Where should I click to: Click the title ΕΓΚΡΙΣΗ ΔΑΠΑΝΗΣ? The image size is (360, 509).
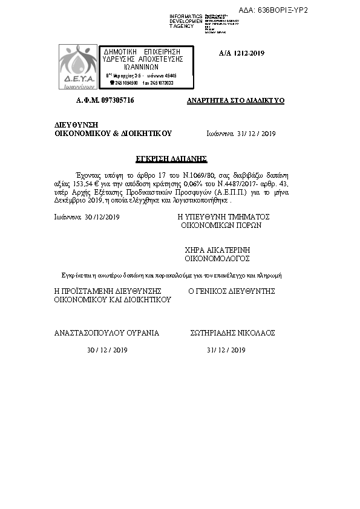click(x=180, y=158)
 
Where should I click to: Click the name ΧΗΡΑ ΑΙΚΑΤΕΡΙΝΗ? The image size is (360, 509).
click(x=217, y=250)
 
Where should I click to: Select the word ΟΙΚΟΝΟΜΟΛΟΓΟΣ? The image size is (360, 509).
click(x=217, y=258)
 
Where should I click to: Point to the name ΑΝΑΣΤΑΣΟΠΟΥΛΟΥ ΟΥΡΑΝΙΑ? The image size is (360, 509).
click(x=106, y=332)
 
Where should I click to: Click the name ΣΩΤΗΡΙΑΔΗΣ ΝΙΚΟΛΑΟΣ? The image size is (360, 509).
click(x=232, y=332)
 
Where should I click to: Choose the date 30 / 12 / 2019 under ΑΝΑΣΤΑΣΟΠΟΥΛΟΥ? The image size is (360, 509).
click(x=107, y=350)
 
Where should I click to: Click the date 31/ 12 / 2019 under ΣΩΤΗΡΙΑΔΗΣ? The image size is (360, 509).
click(x=226, y=350)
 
